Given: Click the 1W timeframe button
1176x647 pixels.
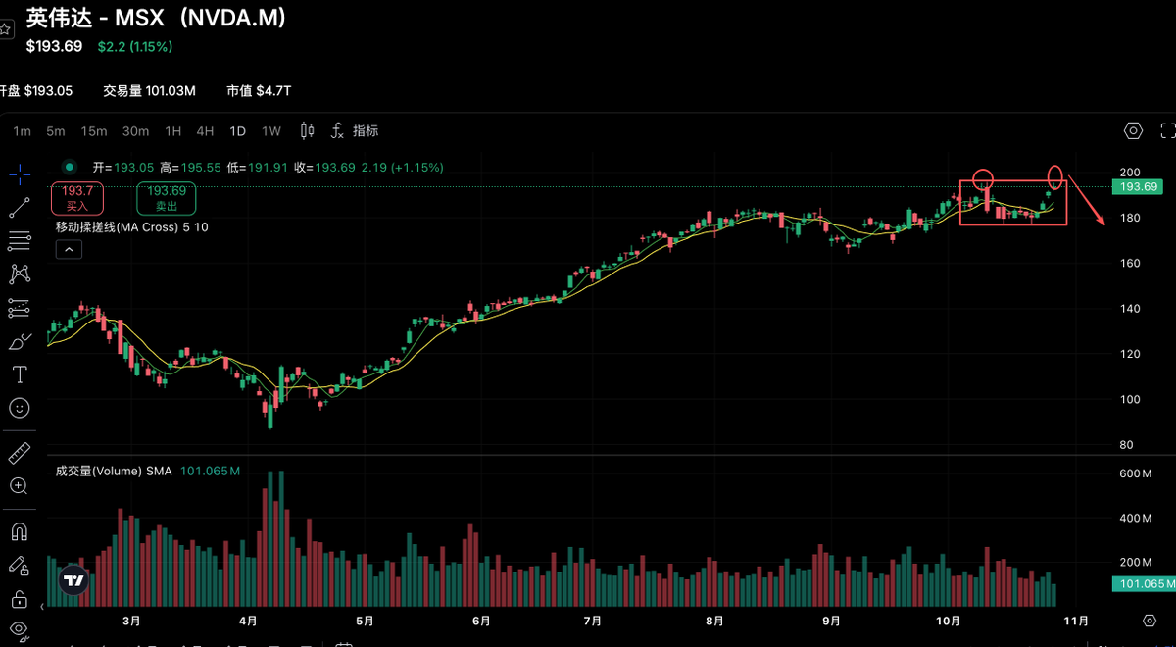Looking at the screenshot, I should (x=270, y=131).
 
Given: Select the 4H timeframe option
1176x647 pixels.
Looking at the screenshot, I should (x=205, y=131).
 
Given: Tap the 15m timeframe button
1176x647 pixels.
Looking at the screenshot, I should (x=94, y=131).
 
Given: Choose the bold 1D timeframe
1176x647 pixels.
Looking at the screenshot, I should (x=238, y=131).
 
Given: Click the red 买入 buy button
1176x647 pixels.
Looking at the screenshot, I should (x=77, y=198).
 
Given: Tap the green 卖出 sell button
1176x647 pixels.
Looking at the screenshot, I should (x=166, y=198).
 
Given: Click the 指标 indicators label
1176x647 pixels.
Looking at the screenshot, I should (x=366, y=131).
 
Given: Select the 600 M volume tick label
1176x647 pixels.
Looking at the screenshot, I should (x=1135, y=474).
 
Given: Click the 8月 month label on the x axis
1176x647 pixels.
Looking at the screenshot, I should (x=713, y=621).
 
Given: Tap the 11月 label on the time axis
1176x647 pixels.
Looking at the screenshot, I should (x=1075, y=621).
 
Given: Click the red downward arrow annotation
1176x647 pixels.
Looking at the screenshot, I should (x=1089, y=201).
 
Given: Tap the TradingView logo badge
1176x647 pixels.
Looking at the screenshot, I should (x=73, y=580).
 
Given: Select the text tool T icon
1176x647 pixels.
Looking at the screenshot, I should (x=19, y=374).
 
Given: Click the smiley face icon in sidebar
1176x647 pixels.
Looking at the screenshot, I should (x=19, y=407).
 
